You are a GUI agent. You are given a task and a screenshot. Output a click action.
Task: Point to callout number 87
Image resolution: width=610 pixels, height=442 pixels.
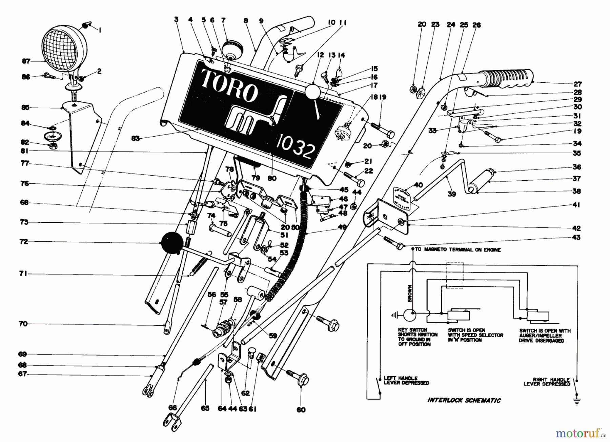(x=26, y=61)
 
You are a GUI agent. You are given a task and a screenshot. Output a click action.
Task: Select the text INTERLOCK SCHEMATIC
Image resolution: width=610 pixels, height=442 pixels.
(x=464, y=400)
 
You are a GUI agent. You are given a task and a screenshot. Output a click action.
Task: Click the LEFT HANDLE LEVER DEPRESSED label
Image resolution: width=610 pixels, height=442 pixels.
(x=406, y=380)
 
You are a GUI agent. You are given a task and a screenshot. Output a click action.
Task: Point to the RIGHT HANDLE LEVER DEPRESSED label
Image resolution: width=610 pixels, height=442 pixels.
(x=547, y=382)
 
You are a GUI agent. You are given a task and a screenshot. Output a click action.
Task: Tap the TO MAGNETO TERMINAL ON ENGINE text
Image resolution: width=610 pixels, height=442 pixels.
(x=457, y=250)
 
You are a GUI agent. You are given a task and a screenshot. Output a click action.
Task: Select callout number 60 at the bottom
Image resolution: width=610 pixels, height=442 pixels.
(x=301, y=409)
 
